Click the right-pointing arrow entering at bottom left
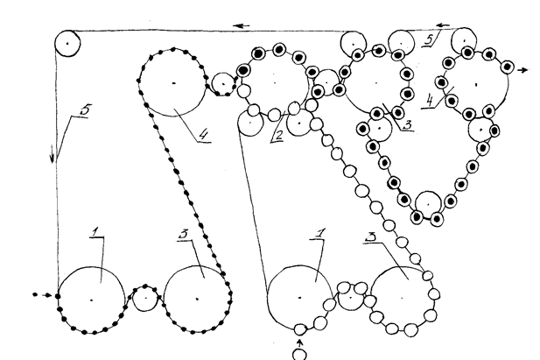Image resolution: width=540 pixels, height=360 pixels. pyautogui.click(x=39, y=293)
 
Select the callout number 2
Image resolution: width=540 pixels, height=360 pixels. pyautogui.click(x=277, y=137)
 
